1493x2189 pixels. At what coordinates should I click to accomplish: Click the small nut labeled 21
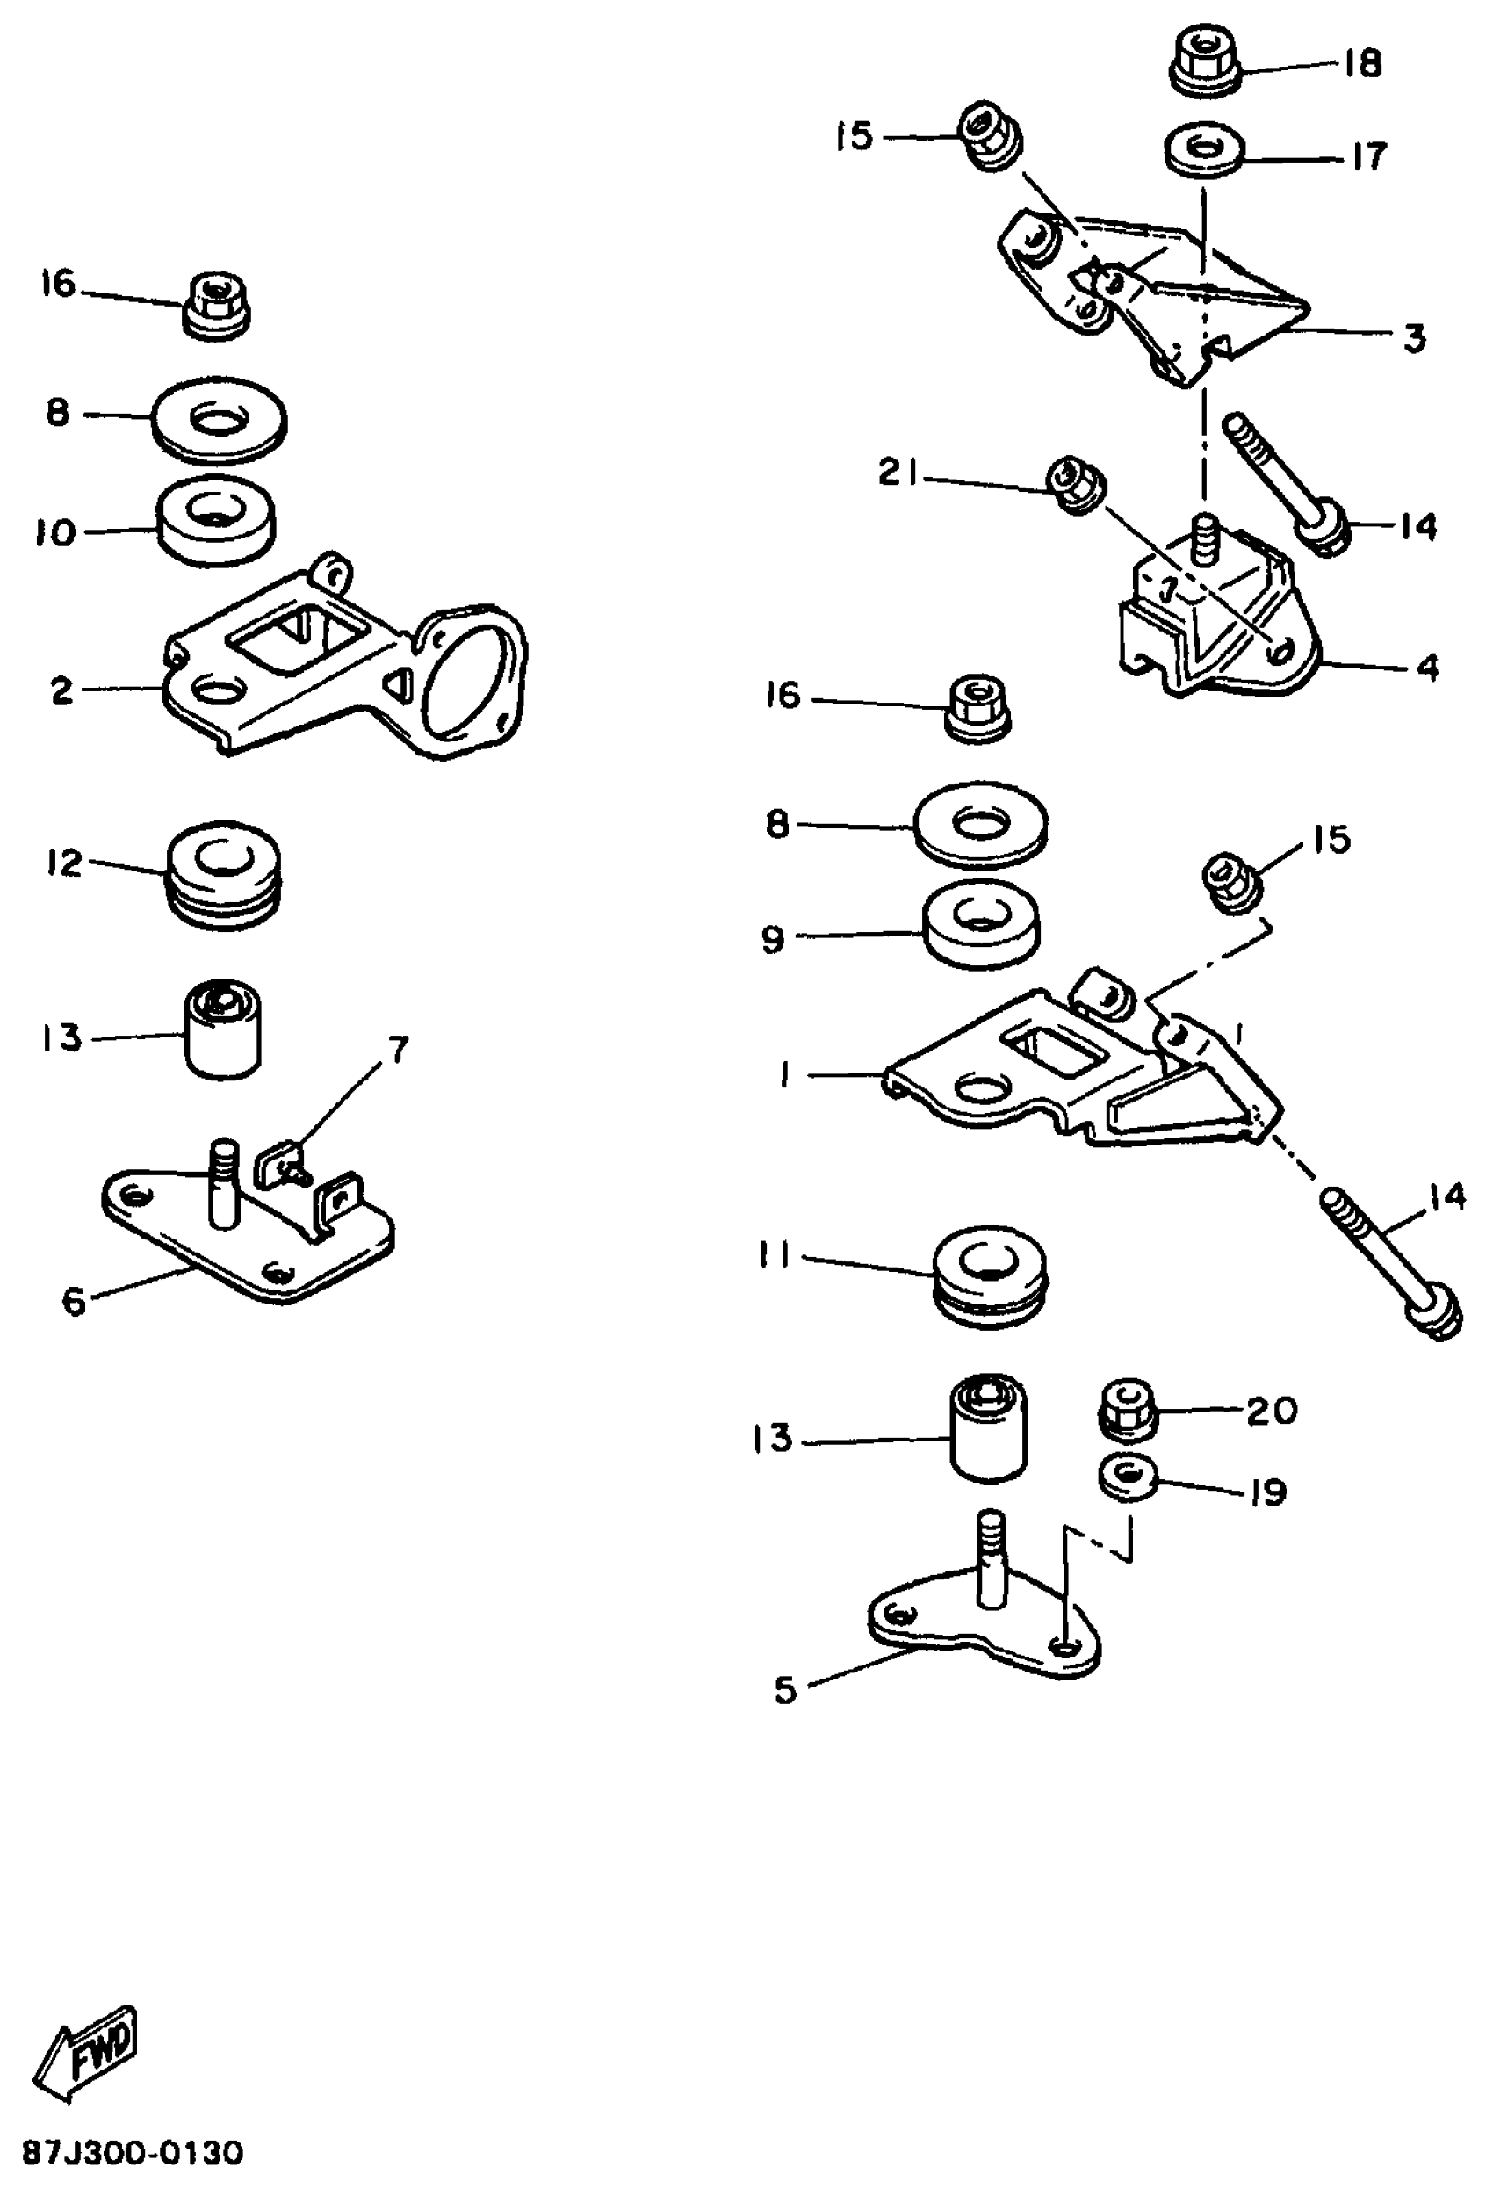click(1074, 484)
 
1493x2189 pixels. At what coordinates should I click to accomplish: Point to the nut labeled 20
click(1128, 1409)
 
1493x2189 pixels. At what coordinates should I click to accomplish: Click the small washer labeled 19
click(1128, 1480)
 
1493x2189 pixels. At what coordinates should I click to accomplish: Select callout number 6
click(74, 1301)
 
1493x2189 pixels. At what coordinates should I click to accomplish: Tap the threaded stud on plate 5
click(992, 1568)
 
